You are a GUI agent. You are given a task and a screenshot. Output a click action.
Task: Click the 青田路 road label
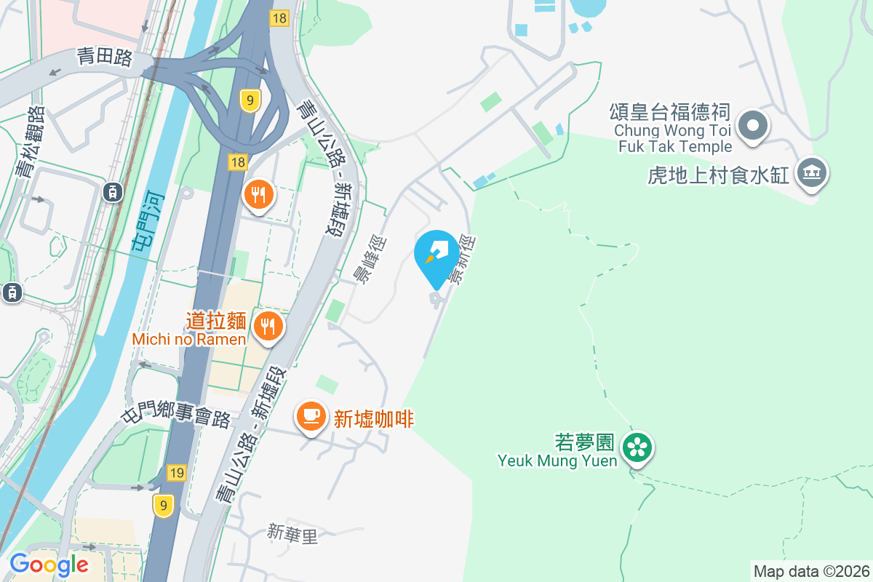(104, 57)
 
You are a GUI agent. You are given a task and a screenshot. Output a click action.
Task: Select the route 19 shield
(176, 472)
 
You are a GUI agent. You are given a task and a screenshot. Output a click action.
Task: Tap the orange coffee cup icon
(311, 416)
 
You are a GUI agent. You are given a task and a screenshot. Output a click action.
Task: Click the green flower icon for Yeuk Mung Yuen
(638, 447)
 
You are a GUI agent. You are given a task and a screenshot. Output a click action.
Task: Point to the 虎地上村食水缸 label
(718, 175)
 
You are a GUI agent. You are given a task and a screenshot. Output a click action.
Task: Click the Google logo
(49, 564)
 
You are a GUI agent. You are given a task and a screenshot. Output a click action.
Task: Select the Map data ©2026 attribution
(811, 571)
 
